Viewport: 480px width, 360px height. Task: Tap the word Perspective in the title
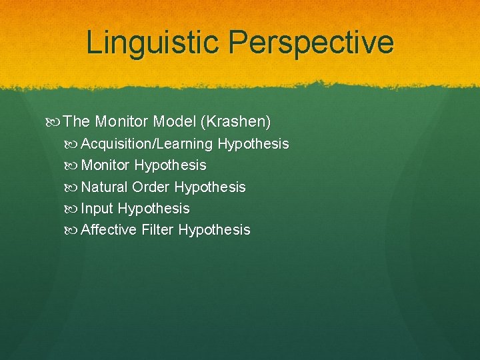coord(311,42)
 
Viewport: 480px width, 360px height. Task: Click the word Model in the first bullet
coord(171,121)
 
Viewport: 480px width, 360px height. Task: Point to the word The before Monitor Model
coord(77,121)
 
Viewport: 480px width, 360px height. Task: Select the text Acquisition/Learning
coord(147,144)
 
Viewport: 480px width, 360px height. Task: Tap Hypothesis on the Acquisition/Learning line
coord(253,144)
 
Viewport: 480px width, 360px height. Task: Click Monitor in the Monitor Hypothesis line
coord(105,165)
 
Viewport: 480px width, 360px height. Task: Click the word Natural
coord(105,187)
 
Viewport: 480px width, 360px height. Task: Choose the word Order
coord(151,187)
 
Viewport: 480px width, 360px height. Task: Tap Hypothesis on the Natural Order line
coord(210,187)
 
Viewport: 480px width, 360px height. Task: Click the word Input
coord(97,209)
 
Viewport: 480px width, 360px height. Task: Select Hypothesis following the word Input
coord(153,209)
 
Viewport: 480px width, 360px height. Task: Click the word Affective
coord(109,230)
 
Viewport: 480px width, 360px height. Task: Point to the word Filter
coord(157,230)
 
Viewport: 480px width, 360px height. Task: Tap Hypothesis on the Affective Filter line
coord(214,230)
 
